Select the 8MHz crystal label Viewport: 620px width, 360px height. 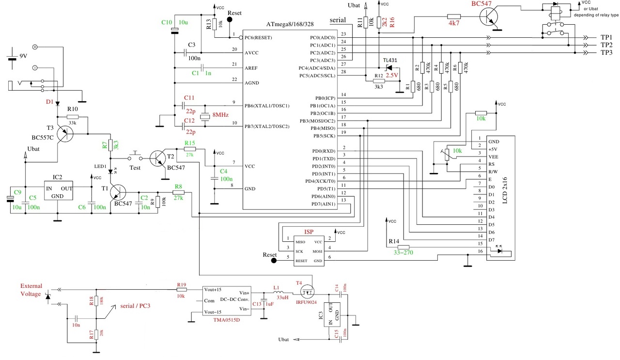click(x=220, y=115)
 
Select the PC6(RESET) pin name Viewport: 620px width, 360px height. click(x=261, y=37)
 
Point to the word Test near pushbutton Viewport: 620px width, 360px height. click(x=135, y=168)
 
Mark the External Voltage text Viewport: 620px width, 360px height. click(x=31, y=290)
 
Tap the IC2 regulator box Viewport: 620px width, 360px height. click(x=58, y=188)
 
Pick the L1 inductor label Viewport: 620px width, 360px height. click(x=276, y=288)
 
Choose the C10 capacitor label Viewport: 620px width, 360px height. click(x=166, y=22)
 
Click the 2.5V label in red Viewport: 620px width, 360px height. click(x=391, y=76)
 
